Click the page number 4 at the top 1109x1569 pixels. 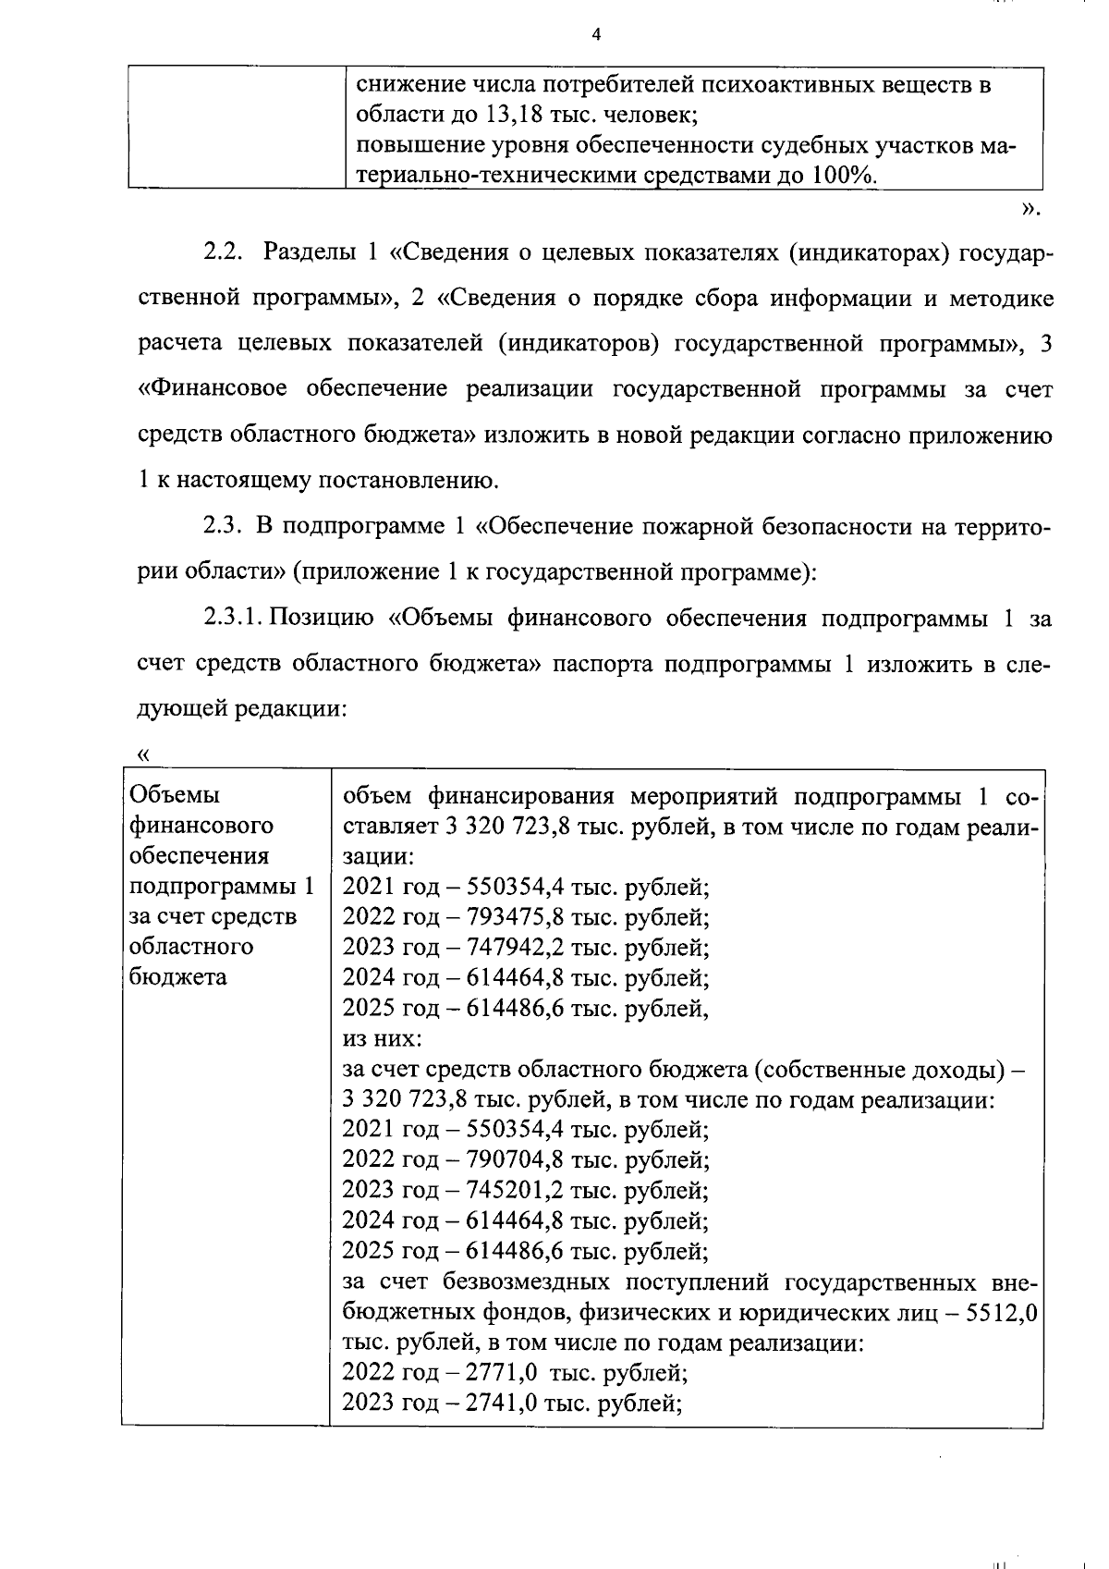click(x=596, y=35)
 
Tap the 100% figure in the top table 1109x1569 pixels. click(x=842, y=176)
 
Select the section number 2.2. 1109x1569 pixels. click(x=223, y=252)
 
